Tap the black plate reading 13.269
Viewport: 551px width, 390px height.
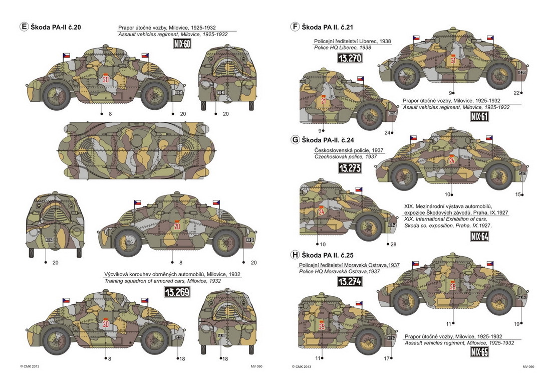click(x=177, y=291)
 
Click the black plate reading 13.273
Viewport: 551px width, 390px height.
click(x=350, y=168)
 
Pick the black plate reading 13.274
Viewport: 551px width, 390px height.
click(x=350, y=281)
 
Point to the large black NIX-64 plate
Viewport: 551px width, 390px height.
click(x=480, y=237)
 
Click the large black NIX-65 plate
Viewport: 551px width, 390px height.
click(x=480, y=352)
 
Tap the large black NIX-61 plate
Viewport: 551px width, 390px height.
click(x=480, y=117)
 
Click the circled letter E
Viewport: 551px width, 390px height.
click(x=24, y=27)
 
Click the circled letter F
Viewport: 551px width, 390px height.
click(x=295, y=27)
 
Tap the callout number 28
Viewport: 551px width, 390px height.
click(x=393, y=244)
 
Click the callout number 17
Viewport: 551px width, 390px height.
click(x=387, y=358)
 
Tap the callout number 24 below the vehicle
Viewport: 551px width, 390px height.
click(x=387, y=132)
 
